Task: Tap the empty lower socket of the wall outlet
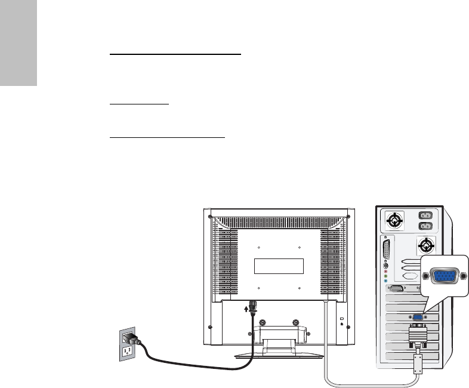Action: pos(126,351)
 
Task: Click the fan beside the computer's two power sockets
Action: pos(394,221)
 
